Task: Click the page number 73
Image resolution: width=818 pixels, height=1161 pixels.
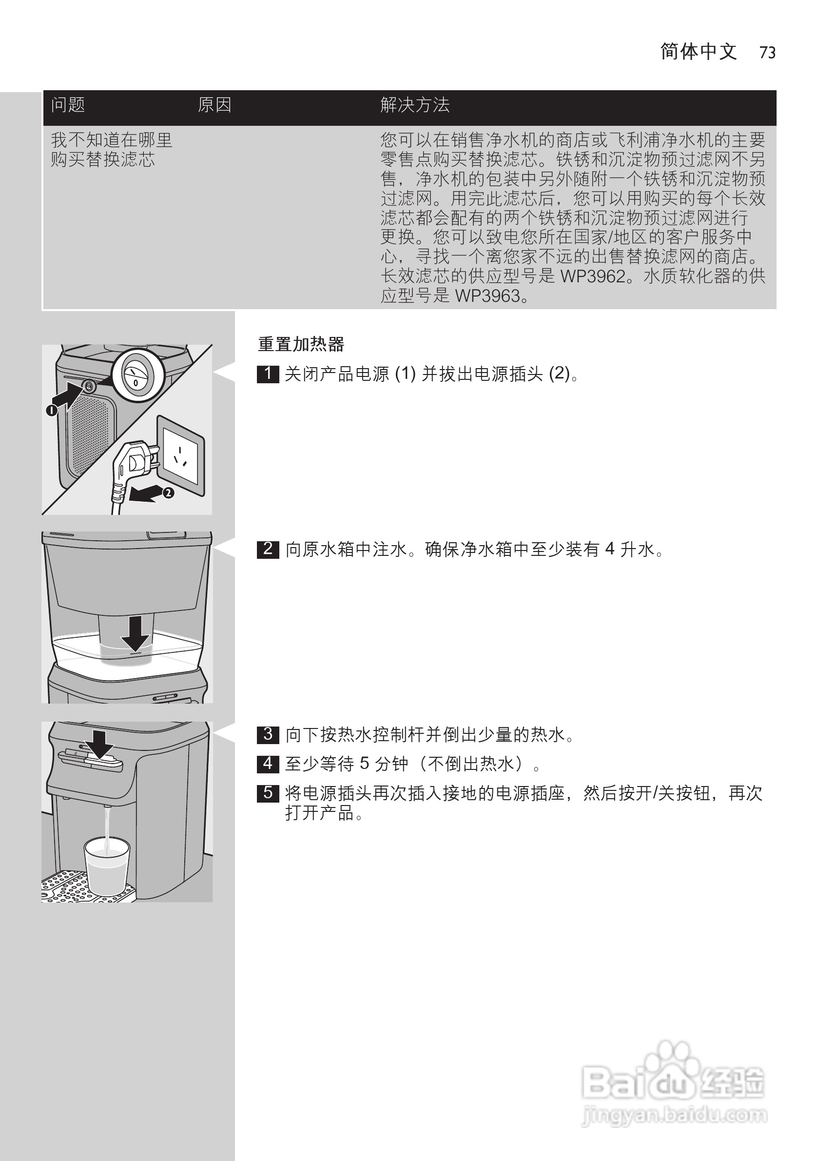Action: pyautogui.click(x=767, y=53)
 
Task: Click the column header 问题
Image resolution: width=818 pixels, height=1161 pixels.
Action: pyautogui.click(x=68, y=105)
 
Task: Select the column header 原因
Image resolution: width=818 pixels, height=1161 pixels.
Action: pyautogui.click(x=214, y=105)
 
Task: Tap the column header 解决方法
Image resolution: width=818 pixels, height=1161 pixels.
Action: pyautogui.click(x=414, y=105)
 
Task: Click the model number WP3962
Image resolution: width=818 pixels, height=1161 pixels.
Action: pyautogui.click(x=593, y=276)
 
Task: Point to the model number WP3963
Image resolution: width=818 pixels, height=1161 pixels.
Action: pyautogui.click(x=487, y=296)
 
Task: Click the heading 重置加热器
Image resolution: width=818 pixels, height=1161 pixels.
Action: pyautogui.click(x=301, y=344)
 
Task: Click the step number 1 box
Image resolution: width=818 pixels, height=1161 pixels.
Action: pyautogui.click(x=268, y=374)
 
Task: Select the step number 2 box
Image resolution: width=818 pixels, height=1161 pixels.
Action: pyautogui.click(x=268, y=549)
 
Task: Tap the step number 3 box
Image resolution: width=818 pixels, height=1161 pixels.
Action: pyautogui.click(x=268, y=734)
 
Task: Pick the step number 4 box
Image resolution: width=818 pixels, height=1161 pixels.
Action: pyautogui.click(x=268, y=764)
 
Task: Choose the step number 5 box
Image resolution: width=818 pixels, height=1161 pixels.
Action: pyautogui.click(x=268, y=793)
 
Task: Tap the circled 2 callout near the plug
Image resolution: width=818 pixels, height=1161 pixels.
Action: pyautogui.click(x=168, y=492)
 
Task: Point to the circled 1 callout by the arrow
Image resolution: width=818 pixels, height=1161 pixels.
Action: pyautogui.click(x=51, y=410)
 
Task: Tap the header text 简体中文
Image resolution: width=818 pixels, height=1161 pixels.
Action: pyautogui.click(x=698, y=52)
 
